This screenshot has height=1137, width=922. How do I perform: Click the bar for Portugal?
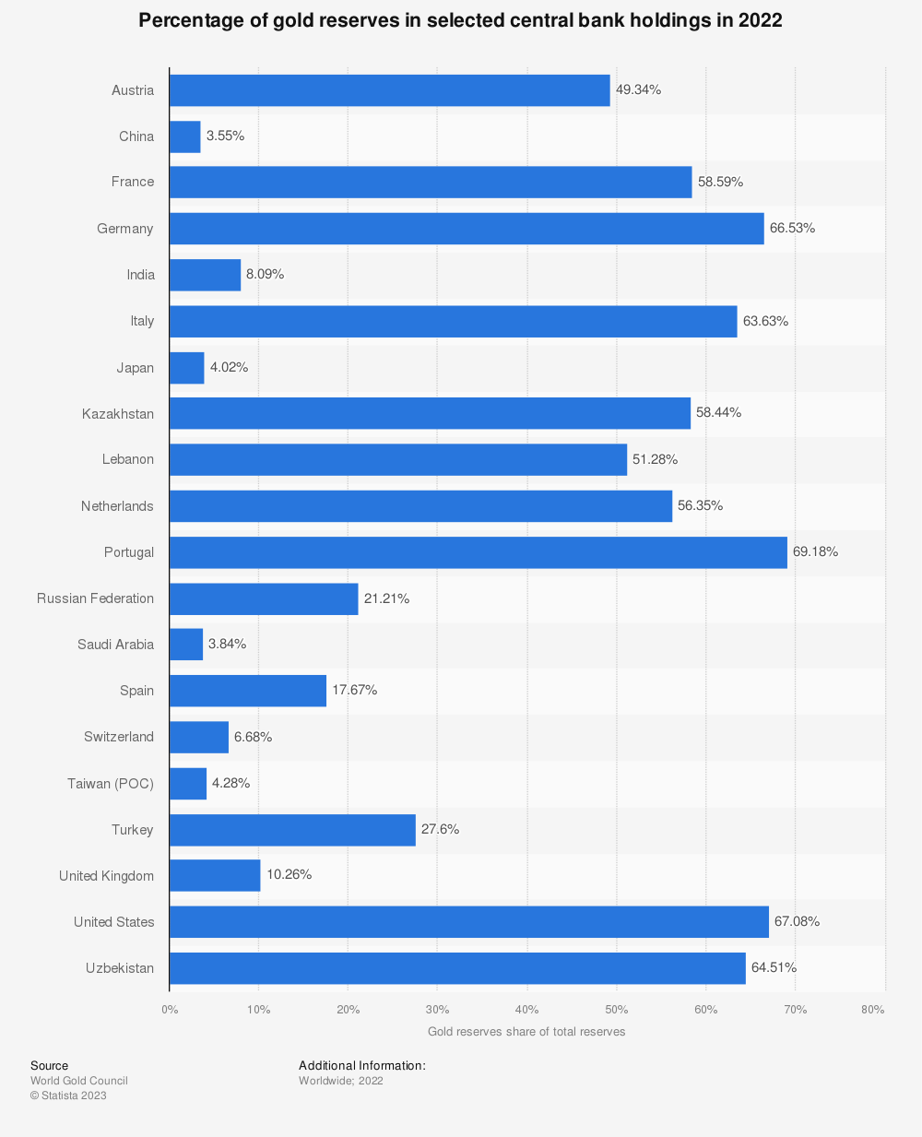[x=478, y=552]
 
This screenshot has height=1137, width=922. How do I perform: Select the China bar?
[x=184, y=136]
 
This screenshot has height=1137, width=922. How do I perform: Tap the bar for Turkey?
[x=292, y=830]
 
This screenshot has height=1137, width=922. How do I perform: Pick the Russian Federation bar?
[x=264, y=598]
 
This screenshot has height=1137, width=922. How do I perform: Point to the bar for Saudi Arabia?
[x=186, y=645]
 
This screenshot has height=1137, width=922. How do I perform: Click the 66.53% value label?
[x=792, y=228]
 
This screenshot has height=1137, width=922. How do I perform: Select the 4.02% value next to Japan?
[x=229, y=367]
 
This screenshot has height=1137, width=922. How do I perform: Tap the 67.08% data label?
[x=797, y=921]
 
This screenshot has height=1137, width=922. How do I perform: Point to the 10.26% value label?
[x=289, y=874]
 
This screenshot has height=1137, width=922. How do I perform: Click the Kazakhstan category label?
[x=118, y=414]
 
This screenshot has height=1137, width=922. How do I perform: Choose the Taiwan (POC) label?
[x=111, y=784]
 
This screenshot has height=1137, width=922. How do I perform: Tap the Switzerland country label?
[x=119, y=737]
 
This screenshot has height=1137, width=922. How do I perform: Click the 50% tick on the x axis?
[x=616, y=1010]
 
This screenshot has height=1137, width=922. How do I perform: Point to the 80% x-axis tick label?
[x=872, y=1010]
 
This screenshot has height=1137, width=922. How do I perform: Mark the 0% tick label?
[x=170, y=1010]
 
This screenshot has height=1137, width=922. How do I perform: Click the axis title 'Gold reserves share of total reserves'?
[x=526, y=1032]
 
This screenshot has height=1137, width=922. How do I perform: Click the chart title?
[x=460, y=20]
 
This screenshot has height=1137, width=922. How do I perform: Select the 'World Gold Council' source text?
[x=79, y=1081]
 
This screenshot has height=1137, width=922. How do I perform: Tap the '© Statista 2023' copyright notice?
[x=68, y=1096]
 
